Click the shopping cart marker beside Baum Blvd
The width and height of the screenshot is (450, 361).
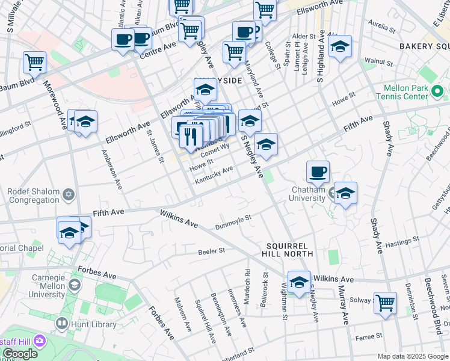tap(35, 62)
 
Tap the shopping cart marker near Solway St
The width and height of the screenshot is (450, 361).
tap(385, 303)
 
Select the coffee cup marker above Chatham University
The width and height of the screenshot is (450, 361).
tap(318, 171)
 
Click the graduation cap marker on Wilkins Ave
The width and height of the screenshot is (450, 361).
tap(299, 282)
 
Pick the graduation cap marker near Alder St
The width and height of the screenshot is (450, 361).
tap(340, 46)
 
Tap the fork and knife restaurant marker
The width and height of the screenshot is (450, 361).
tap(191, 135)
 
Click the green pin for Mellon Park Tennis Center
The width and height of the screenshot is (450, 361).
tap(437, 92)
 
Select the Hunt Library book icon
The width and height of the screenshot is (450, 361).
tap(61, 324)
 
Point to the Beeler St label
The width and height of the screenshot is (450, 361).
tap(211, 250)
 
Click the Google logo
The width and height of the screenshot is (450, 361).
tap(20, 354)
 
